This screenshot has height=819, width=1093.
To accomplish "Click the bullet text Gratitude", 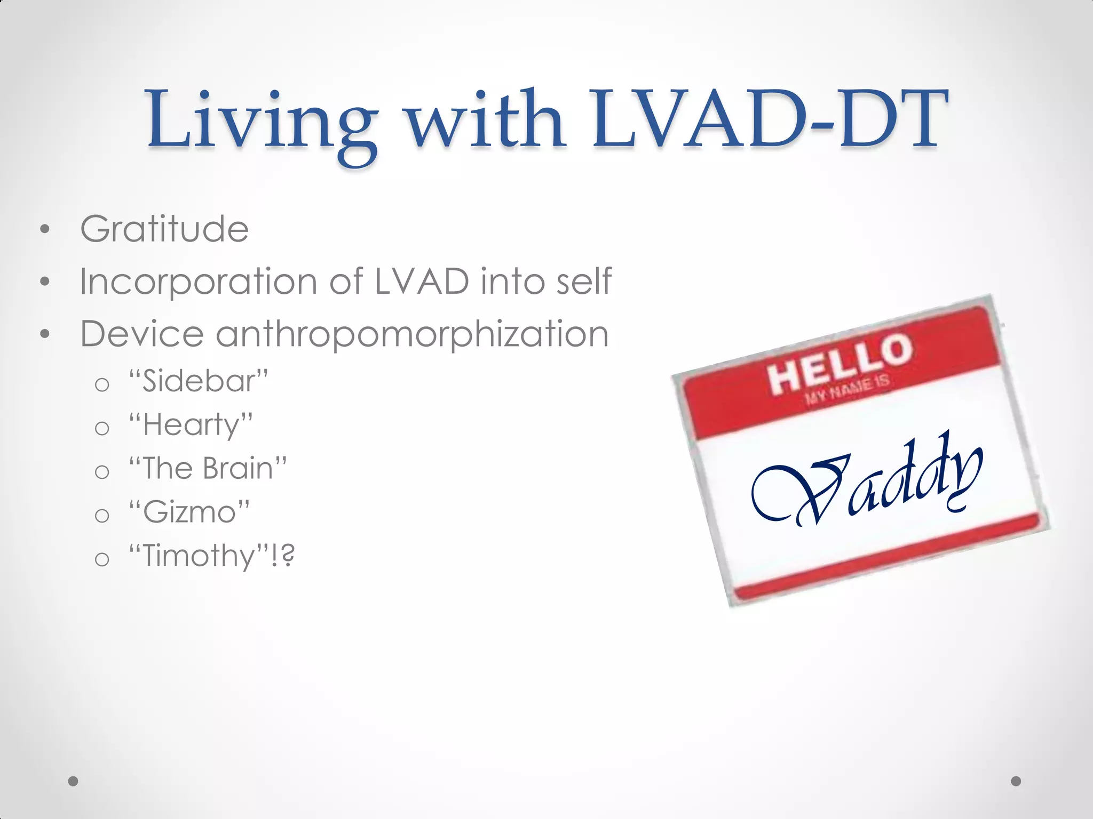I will (164, 229).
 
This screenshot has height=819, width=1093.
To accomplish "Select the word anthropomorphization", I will (412, 334).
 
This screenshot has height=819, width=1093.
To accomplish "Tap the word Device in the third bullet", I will (142, 334).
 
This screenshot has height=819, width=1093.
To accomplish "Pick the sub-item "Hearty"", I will (191, 425).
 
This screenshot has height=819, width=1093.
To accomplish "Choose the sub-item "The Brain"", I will (208, 469).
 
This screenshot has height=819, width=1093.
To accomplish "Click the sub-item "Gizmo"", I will (189, 512).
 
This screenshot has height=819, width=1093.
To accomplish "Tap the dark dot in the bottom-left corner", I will (74, 781).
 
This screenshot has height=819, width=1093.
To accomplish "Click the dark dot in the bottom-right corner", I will (1016, 781).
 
